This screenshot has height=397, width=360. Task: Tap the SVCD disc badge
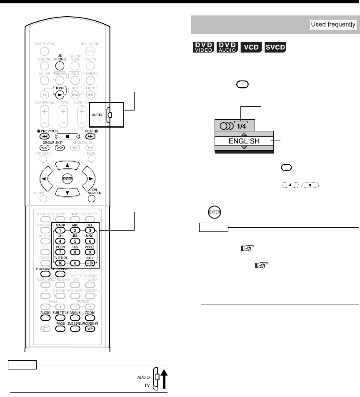point(275,47)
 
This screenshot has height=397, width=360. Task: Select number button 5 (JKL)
point(75,240)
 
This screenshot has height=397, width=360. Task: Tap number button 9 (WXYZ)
point(89,251)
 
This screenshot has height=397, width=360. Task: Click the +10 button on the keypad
point(89,263)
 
